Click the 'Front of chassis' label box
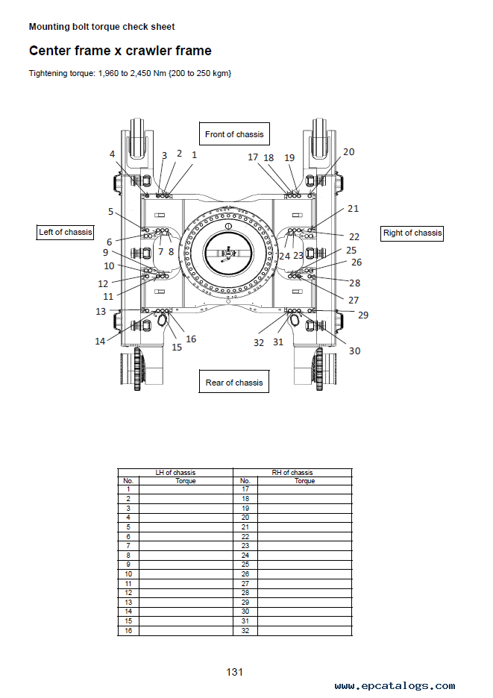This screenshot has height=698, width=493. [234, 134]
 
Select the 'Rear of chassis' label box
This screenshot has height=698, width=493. [233, 382]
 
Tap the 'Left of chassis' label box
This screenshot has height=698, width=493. [65, 232]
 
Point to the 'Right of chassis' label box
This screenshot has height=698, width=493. [412, 233]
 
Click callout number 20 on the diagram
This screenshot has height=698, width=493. [349, 152]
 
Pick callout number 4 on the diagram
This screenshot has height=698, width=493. [112, 154]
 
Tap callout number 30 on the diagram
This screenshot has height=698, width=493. [354, 350]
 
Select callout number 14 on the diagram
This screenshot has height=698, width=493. [100, 342]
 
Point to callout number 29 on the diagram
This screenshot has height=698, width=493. [363, 315]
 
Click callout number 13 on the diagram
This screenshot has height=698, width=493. [101, 312]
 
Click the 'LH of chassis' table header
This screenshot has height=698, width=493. [175, 473]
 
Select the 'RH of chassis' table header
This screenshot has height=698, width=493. [292, 473]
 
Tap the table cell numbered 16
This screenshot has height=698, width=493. [128, 631]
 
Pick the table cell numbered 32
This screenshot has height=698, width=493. [245, 631]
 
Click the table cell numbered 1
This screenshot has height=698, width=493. [128, 489]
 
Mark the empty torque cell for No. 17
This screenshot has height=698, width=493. [304, 489]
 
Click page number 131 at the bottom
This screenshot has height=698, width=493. [235, 672]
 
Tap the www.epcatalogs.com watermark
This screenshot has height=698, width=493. [395, 686]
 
